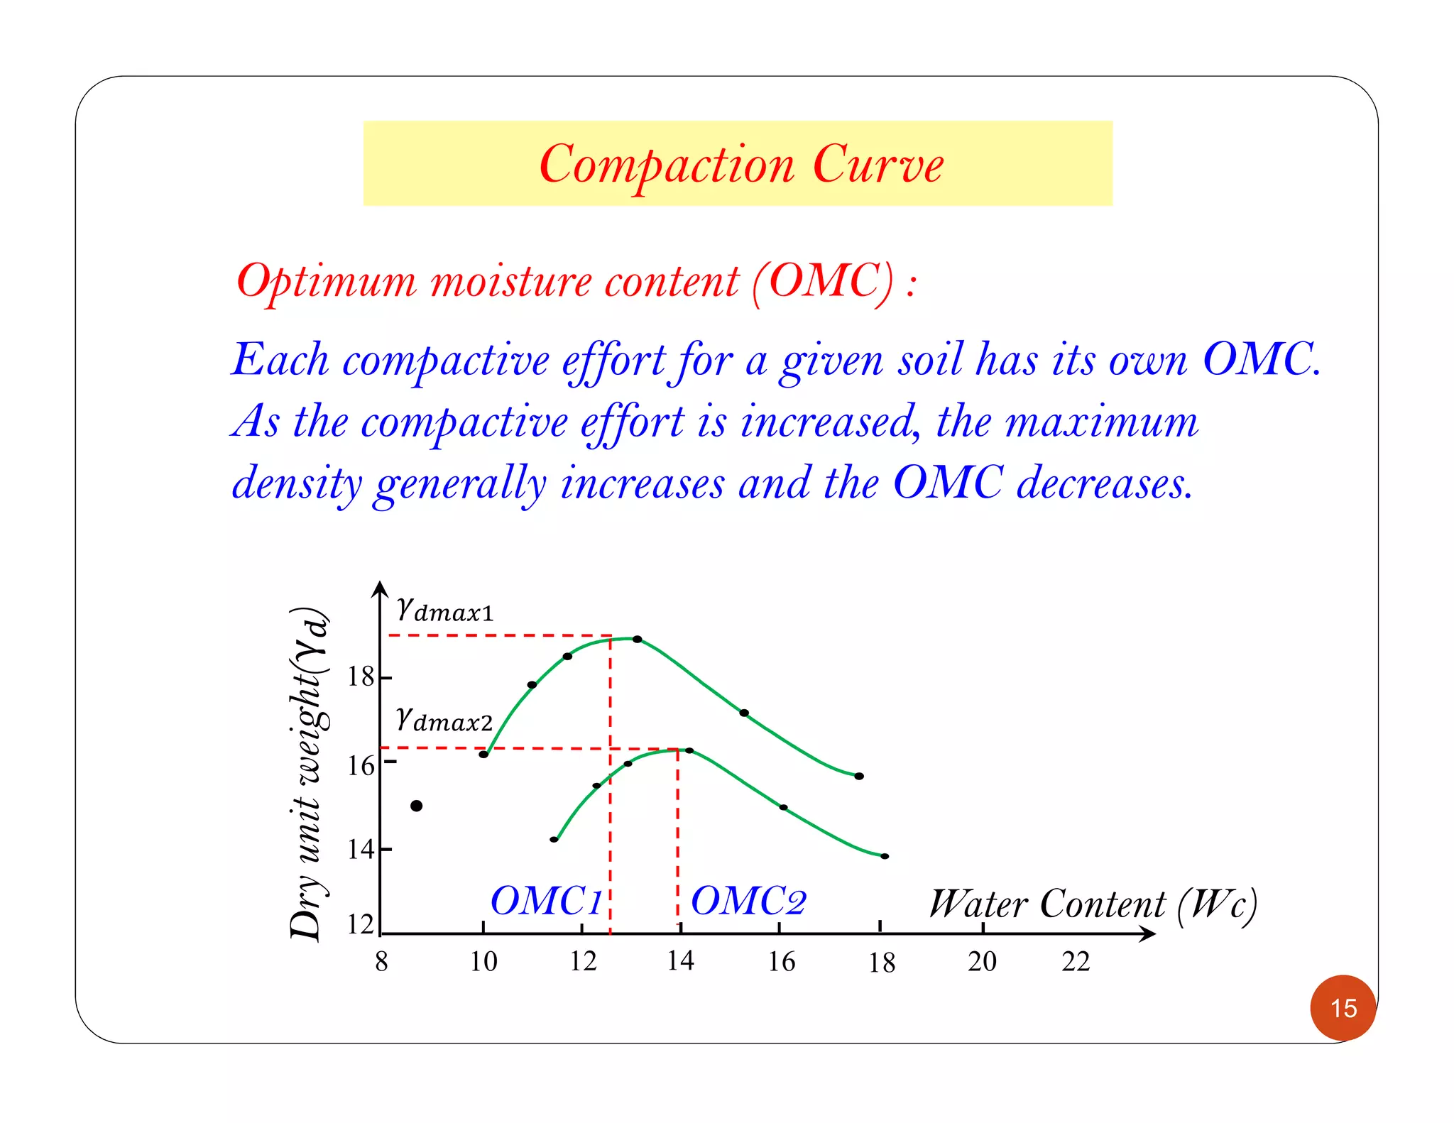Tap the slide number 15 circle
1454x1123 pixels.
click(x=1343, y=1007)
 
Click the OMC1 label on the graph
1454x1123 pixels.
click(x=546, y=901)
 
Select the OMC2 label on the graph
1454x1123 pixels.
click(x=748, y=901)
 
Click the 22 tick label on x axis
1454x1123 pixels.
click(x=1075, y=961)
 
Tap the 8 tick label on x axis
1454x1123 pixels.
click(x=381, y=961)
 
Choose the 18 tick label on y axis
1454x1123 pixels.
click(x=360, y=676)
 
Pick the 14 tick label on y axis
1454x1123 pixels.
click(x=360, y=849)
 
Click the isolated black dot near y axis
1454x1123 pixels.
click(x=417, y=806)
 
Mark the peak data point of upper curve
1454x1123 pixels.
click(x=637, y=640)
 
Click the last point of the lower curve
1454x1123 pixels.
click(x=885, y=856)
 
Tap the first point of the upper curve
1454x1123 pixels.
click(x=483, y=754)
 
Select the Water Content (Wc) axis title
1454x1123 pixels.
click(x=1093, y=905)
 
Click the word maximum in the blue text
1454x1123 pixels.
click(x=1102, y=422)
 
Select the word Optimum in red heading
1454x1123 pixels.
click(x=327, y=281)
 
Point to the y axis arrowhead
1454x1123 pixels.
click(x=381, y=588)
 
